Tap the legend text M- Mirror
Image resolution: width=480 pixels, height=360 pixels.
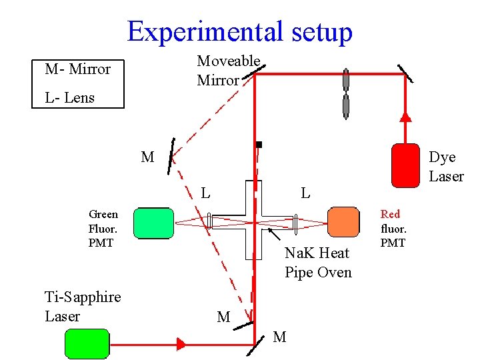77,69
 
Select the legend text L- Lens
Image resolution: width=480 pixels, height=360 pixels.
69,97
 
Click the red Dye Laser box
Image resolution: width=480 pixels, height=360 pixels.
405,165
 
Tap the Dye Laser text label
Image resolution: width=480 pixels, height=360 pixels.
445,167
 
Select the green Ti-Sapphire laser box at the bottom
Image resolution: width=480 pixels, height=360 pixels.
87,343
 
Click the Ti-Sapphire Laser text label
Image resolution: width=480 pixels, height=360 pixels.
82,306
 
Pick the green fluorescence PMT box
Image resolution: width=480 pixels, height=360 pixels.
153,222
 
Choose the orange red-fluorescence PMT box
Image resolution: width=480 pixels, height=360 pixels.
344,222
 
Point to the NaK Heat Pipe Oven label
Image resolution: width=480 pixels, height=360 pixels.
317,263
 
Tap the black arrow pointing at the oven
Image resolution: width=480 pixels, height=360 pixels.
274,234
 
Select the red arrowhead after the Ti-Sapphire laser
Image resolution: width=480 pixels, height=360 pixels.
181,344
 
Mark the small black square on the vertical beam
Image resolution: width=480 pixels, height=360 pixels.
259,144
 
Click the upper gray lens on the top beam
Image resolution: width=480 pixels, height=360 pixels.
345,79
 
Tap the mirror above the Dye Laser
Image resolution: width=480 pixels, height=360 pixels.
405,73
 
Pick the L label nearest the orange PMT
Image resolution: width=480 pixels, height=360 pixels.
305,193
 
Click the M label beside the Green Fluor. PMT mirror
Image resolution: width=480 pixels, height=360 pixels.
147,157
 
